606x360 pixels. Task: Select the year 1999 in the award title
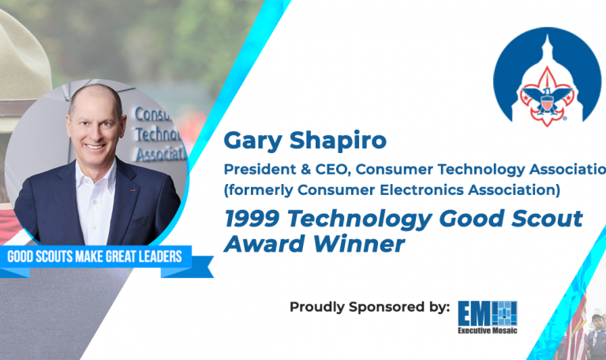coord(251,219)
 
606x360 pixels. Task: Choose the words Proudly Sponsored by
coord(370,306)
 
